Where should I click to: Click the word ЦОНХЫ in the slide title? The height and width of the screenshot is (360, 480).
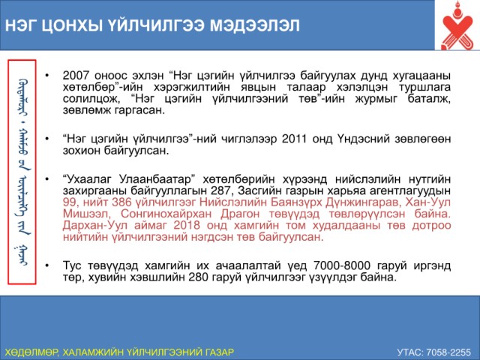click(71, 25)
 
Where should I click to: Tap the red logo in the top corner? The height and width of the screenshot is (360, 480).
click(457, 26)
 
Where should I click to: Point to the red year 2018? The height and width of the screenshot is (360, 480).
click(187, 225)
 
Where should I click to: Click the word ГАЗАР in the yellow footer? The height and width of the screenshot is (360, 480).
click(219, 352)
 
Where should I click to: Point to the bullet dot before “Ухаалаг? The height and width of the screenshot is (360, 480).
click(46, 179)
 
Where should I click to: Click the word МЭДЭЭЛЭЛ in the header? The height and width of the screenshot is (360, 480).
click(255, 25)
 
